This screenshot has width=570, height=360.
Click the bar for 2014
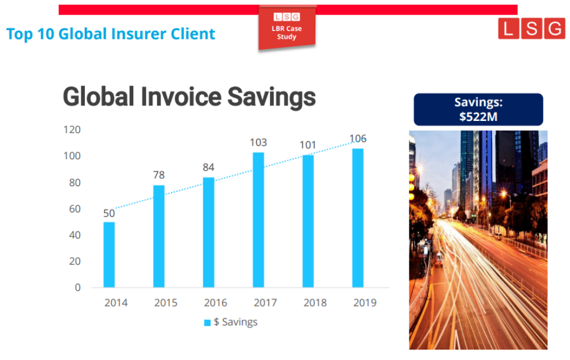109,255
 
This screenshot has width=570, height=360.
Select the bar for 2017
258,220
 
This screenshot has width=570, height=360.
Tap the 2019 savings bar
358,218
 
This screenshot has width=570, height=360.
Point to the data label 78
159,175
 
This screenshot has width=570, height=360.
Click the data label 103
258,142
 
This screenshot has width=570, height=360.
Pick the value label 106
358,138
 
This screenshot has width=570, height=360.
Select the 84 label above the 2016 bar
209,167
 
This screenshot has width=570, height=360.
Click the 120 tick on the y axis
72,130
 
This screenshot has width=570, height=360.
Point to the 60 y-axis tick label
75,209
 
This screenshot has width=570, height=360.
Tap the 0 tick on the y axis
78,288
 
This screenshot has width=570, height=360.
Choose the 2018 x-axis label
315,302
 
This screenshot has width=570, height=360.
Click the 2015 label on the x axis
166,302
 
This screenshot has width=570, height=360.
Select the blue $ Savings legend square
208,323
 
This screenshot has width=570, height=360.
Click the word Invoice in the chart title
181,97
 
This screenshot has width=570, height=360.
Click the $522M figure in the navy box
478,117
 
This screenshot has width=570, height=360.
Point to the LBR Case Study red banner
287,28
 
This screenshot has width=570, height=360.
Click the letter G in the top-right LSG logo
555,28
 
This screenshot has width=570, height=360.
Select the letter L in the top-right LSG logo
508,28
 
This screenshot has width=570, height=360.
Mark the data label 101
308,145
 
